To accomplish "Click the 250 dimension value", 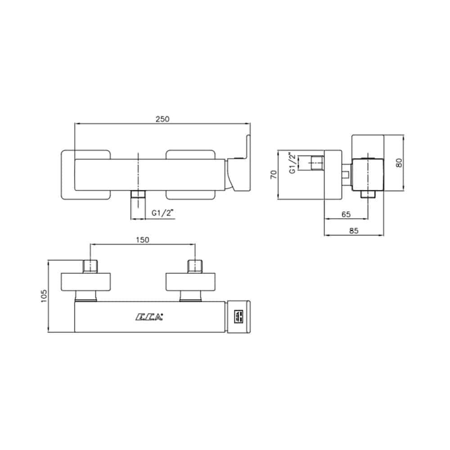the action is pyautogui.click(x=162, y=119).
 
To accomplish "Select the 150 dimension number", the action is pyautogui.click(x=143, y=240).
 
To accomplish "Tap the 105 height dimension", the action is pyautogui.click(x=44, y=296).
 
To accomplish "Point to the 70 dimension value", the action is pyautogui.click(x=274, y=175).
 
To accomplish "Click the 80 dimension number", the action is pyautogui.click(x=399, y=163).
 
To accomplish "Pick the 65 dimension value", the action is pyautogui.click(x=346, y=214).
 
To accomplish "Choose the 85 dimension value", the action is pyautogui.click(x=354, y=231).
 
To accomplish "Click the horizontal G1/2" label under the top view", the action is pyautogui.click(x=163, y=213).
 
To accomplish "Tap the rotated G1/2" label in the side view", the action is pyautogui.click(x=292, y=163).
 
